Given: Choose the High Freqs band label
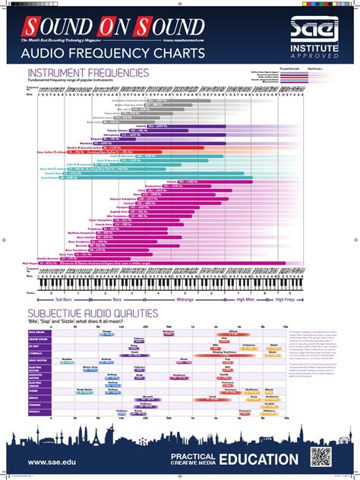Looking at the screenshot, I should click(285, 299).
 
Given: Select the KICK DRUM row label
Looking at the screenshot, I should click(36, 332).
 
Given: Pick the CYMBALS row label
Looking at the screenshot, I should click(36, 353).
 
